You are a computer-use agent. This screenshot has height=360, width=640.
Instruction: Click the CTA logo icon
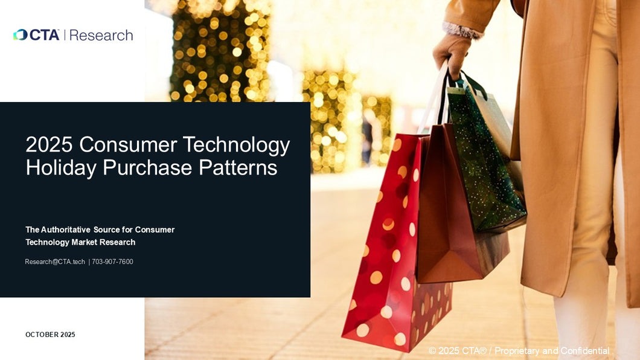pos(21,35)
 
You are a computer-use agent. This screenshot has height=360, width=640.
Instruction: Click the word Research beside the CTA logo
pos(101,35)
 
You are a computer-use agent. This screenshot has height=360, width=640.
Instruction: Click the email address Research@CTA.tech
pos(55,262)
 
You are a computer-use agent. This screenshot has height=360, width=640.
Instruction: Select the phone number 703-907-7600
pos(113,262)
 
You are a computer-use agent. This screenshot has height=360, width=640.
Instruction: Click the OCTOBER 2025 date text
pos(50,335)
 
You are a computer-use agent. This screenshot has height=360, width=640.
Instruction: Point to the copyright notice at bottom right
pos(519,351)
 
